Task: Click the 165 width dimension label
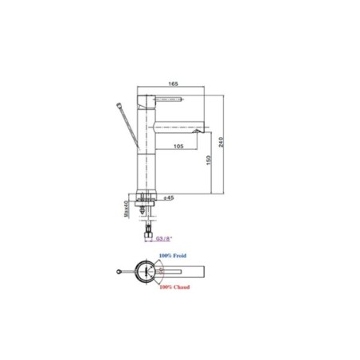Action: pos(172,84)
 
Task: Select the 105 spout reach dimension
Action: pos(178,146)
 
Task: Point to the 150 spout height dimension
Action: pos(209,160)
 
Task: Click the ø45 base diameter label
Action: pos(170,198)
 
